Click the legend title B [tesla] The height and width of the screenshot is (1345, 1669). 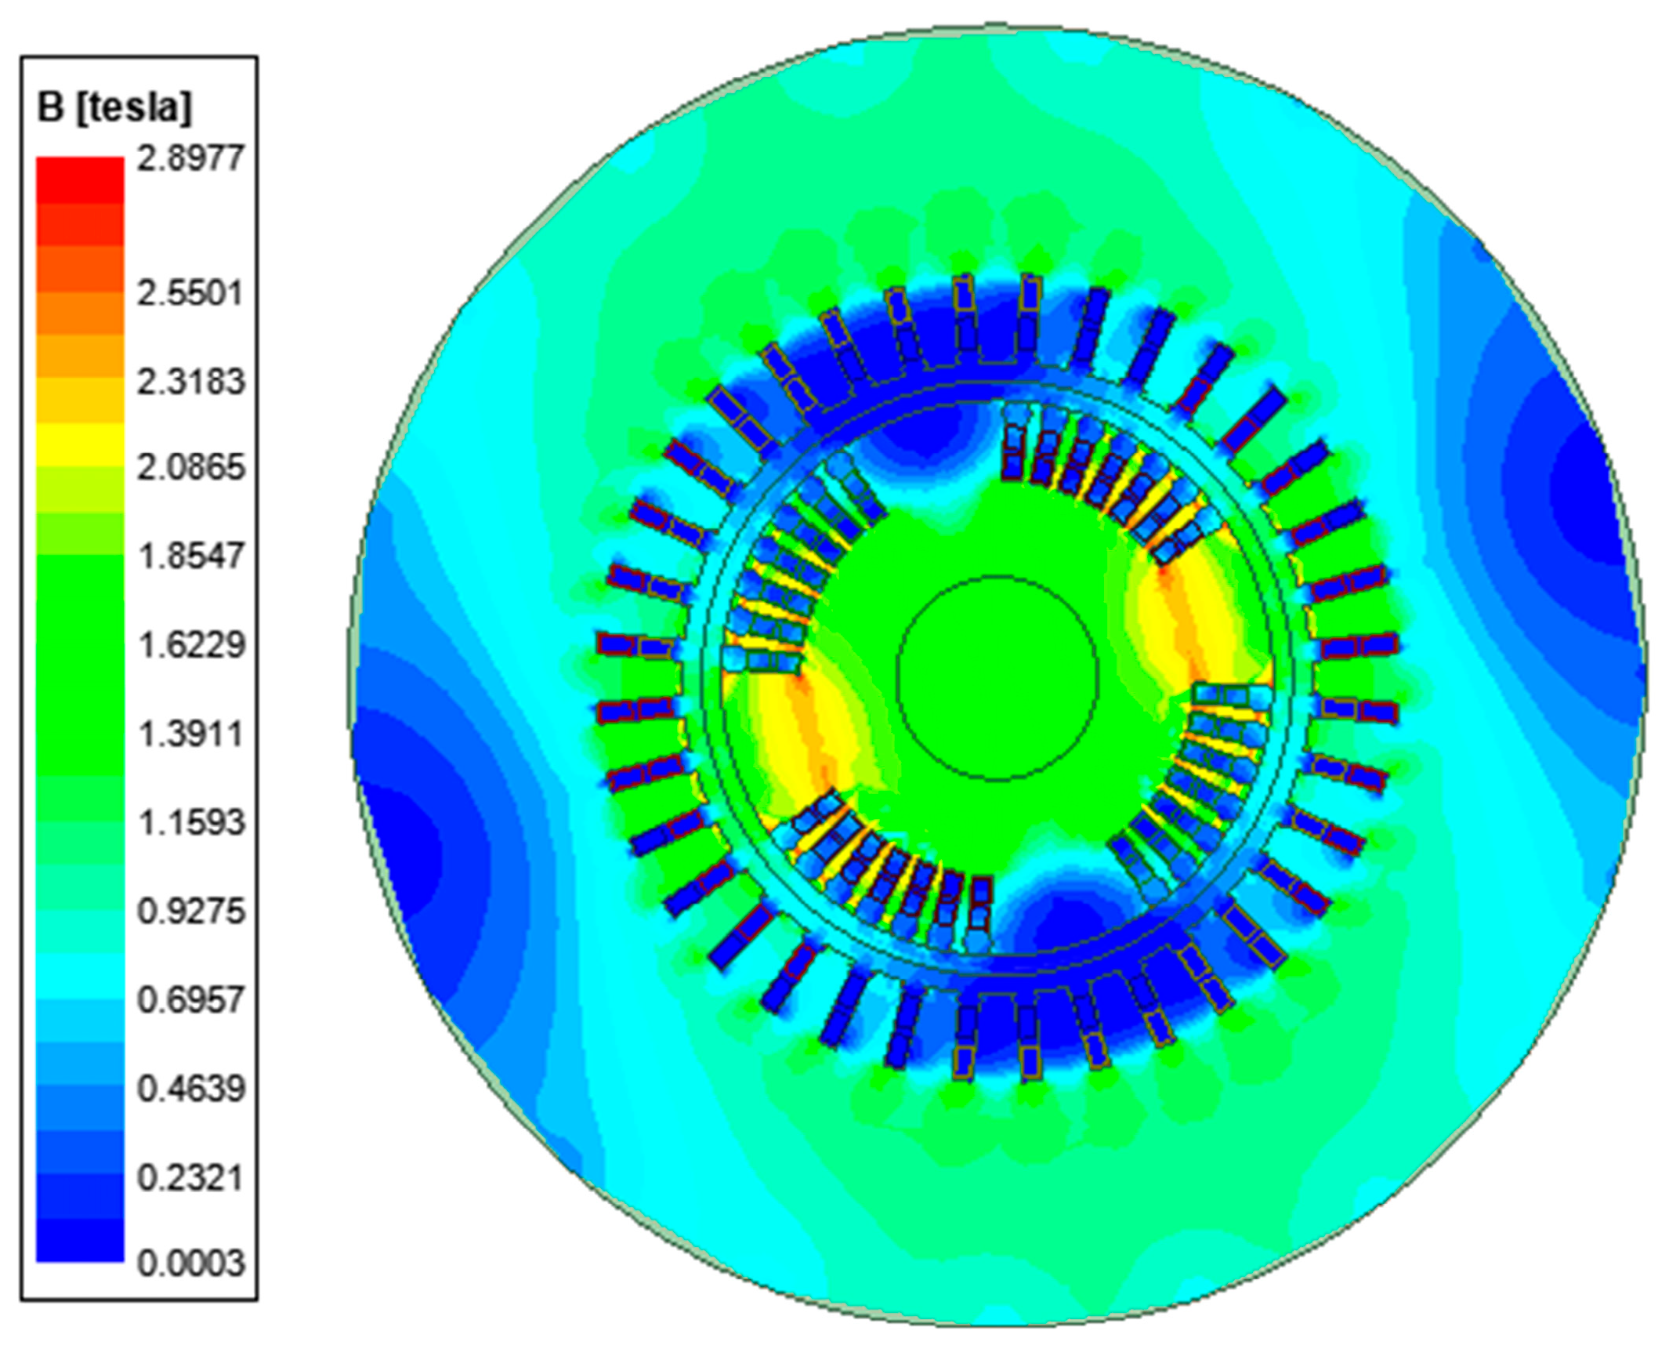point(114,107)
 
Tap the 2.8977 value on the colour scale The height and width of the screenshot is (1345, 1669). point(190,158)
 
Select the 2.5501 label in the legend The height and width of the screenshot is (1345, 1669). point(190,293)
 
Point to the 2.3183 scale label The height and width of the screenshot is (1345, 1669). point(190,382)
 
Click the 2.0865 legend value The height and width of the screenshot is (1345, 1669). point(190,467)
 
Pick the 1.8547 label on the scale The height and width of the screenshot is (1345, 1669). point(190,556)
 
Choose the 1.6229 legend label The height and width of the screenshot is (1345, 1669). point(190,645)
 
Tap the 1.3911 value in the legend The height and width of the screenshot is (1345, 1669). point(190,734)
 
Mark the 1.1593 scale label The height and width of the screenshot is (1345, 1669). point(190,822)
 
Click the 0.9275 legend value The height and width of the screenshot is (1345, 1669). point(190,911)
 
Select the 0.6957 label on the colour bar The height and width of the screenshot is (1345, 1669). point(190,1000)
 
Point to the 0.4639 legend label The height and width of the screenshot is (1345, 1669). point(190,1089)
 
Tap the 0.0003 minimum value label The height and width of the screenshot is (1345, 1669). point(190,1263)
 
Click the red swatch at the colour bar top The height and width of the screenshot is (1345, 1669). point(80,179)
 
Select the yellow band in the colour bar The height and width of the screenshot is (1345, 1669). point(80,444)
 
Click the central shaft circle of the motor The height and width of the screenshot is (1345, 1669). point(997,678)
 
